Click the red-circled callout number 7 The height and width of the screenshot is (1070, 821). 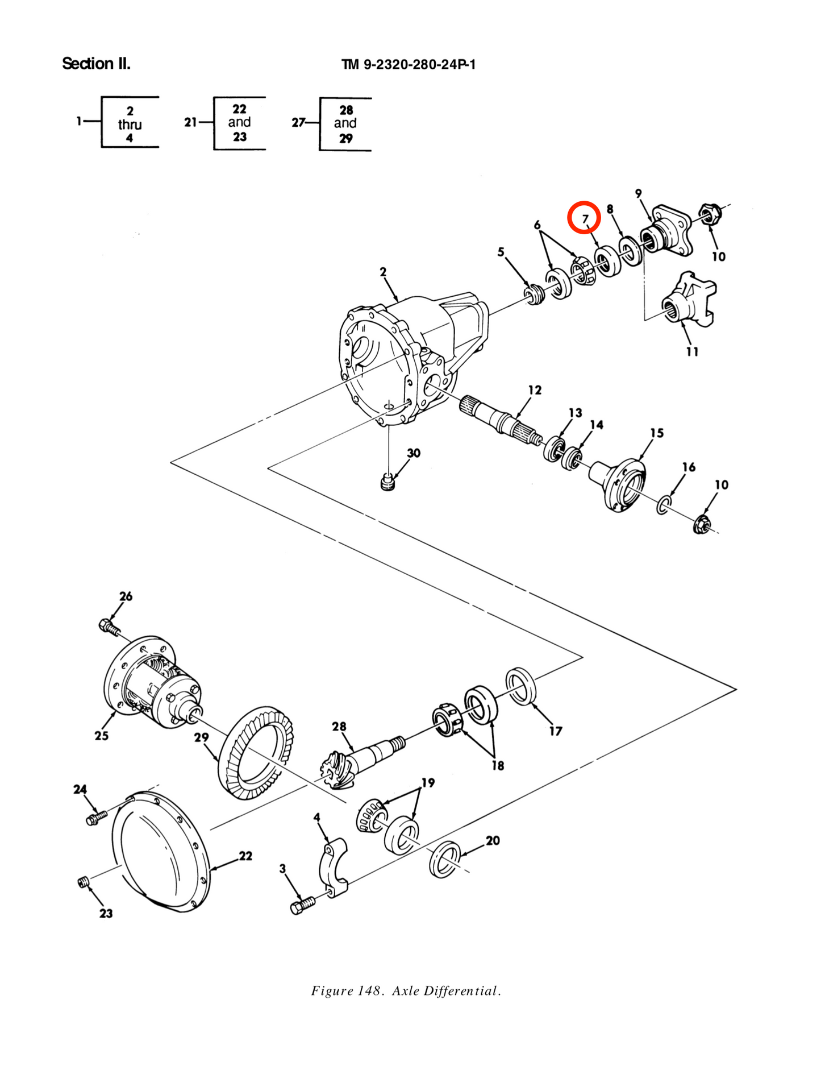coord(585,218)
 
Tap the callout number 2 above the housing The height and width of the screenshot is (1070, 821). coord(383,272)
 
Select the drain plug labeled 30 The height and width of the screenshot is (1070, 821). coord(387,482)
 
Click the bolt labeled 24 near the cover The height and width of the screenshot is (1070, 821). coord(96,818)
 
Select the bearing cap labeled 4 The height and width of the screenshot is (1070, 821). coord(334,868)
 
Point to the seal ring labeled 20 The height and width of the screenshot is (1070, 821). coord(445,859)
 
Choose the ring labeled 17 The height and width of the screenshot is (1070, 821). coord(521,686)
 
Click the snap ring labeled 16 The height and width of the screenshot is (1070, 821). coord(664,505)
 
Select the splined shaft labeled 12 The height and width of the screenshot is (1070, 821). coord(499,419)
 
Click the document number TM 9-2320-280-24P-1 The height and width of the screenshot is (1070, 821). coord(409,64)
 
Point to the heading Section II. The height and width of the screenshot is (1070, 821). coord(96,63)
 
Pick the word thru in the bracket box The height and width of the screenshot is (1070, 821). coord(130,125)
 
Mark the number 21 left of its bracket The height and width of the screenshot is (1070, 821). coord(190,122)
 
